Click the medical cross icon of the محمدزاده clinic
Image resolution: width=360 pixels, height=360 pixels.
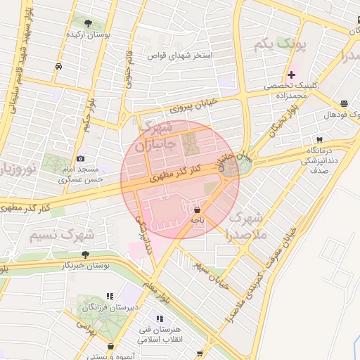pos(291,75)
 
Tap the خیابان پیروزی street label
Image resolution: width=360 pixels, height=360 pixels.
pos(193,105)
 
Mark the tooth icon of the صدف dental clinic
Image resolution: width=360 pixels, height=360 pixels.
pos(319,139)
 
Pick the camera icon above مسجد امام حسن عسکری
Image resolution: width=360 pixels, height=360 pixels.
pos(80,159)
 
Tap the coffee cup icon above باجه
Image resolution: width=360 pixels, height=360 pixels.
pos(196,210)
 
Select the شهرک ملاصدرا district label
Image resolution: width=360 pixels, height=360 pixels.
pos(246,224)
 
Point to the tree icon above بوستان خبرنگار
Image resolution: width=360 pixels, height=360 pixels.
pos(85,255)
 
